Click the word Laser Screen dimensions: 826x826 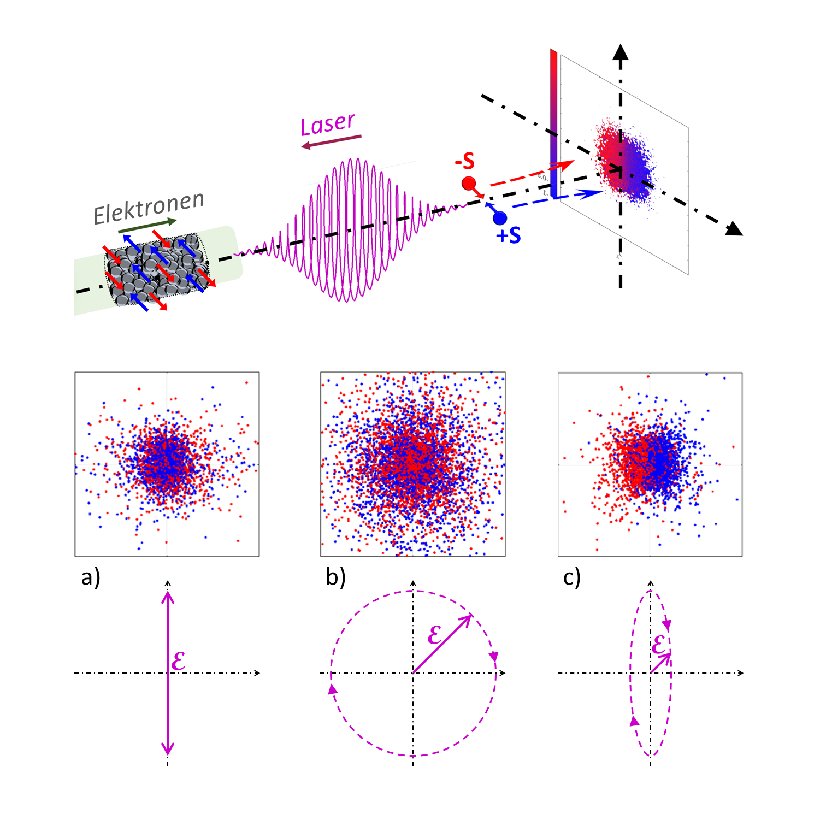tap(328, 124)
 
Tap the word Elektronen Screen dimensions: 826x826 tap(149, 208)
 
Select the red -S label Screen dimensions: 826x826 tap(465, 161)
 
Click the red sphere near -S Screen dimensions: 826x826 tap(469, 184)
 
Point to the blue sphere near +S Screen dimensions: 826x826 tap(499, 218)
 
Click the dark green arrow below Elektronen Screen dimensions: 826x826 tap(147, 225)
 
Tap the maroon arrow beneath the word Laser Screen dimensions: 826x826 tap(331, 141)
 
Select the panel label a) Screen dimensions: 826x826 tap(91, 577)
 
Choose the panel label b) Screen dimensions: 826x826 tap(335, 577)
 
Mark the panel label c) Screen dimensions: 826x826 tap(571, 577)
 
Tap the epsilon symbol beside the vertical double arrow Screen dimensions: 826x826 tap(179, 661)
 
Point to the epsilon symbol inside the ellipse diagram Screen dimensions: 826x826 tap(658, 645)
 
